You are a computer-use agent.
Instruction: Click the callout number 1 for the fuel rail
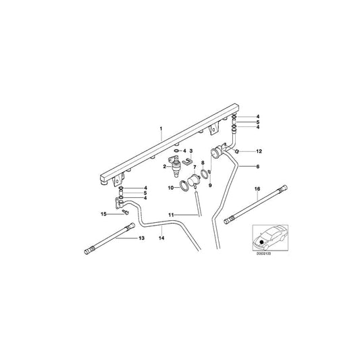pyautogui.click(x=161, y=128)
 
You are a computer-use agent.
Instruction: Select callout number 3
pyautogui.click(x=192, y=151)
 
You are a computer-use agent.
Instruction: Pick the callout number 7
pyautogui.click(x=194, y=167)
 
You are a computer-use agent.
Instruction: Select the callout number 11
pyautogui.click(x=172, y=214)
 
